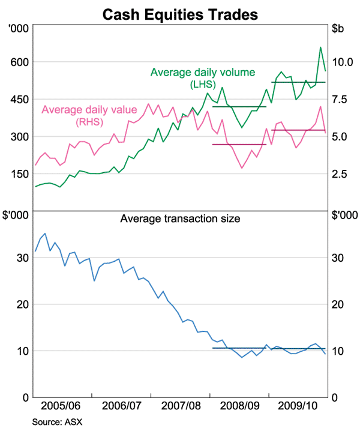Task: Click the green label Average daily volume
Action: (198, 73)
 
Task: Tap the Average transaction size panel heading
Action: (180, 219)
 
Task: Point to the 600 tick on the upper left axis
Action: (19, 62)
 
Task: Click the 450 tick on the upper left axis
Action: (19, 100)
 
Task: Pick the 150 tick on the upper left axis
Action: (19, 174)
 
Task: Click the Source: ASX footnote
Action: (57, 421)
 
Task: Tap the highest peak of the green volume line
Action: (320, 47)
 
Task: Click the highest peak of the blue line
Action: (45, 234)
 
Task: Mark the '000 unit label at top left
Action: (19, 28)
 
